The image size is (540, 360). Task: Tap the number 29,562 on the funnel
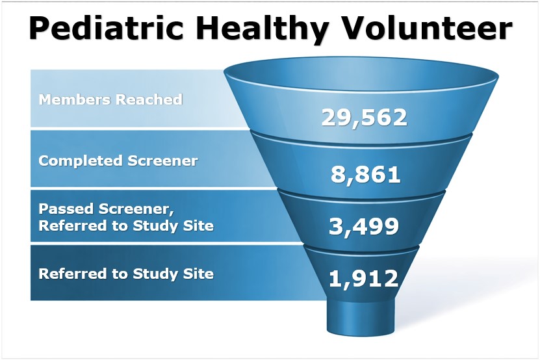[364, 118]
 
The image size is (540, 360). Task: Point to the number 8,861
[365, 174]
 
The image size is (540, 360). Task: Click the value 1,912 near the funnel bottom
[363, 278]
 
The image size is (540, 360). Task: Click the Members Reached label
[110, 99]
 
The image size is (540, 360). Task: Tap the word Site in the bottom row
[199, 274]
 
